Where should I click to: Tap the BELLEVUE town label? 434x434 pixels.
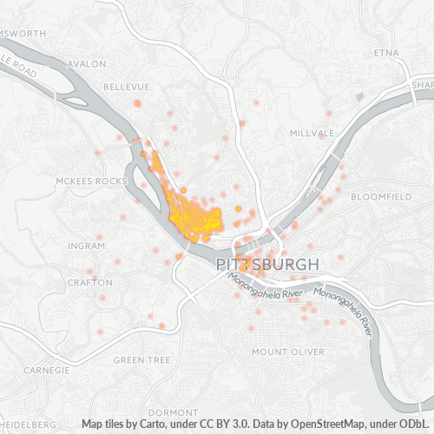(127, 87)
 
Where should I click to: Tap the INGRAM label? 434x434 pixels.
(86, 246)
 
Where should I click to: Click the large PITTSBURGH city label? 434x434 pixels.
(266, 262)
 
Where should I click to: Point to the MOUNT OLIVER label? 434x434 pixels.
(288, 352)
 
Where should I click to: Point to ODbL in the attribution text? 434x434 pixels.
(415, 424)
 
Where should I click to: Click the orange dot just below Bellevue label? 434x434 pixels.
(137, 103)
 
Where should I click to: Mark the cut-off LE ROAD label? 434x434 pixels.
(19, 69)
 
